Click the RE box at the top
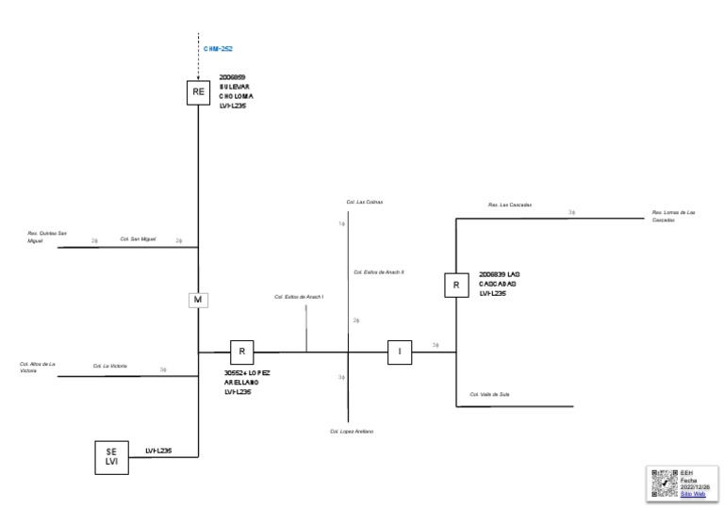click(x=198, y=91)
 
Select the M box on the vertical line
click(x=198, y=300)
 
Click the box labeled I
click(x=400, y=352)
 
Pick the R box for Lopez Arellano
click(x=242, y=352)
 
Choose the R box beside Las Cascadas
click(x=456, y=284)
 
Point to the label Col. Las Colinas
click(x=364, y=202)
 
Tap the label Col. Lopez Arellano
click(x=352, y=431)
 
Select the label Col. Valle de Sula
click(x=489, y=394)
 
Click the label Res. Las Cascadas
click(x=510, y=205)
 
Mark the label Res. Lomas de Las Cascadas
click(x=673, y=216)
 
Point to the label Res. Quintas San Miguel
click(x=47, y=236)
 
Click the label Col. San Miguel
click(x=138, y=239)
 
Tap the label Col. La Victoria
click(x=109, y=366)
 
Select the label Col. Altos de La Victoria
click(x=38, y=367)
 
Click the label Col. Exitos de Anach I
click(x=299, y=296)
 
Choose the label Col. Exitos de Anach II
click(x=379, y=271)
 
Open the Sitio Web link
click(x=693, y=494)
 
